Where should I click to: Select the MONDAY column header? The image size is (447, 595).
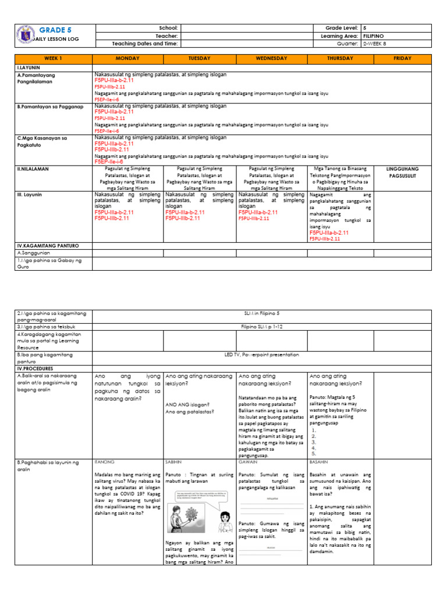pyautogui.click(x=127, y=59)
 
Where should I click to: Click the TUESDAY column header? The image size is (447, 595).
pyautogui.click(x=199, y=59)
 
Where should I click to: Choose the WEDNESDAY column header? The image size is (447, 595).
pyautogui.click(x=272, y=59)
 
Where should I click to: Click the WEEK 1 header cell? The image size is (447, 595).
pyautogui.click(x=53, y=59)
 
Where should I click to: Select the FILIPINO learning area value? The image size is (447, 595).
pyautogui.click(x=374, y=35)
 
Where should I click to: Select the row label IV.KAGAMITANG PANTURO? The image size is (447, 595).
pyautogui.click(x=46, y=246)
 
